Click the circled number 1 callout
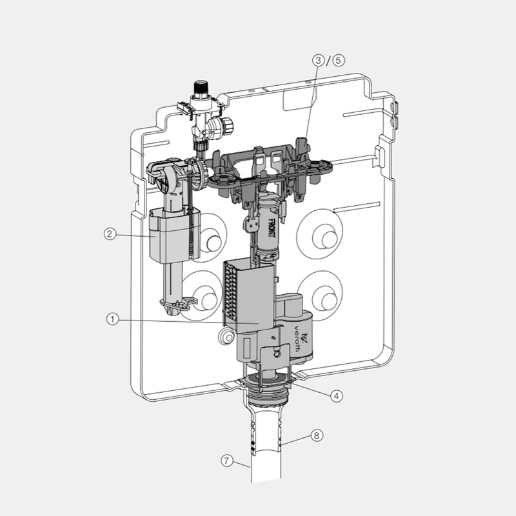tap(112, 319)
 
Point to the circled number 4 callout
tap(337, 395)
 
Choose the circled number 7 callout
tap(226, 461)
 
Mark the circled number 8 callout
tap(316, 435)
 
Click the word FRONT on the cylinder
tap(272, 230)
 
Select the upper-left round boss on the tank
tap(213, 242)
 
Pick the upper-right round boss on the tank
tap(322, 237)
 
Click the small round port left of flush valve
tap(226, 336)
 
